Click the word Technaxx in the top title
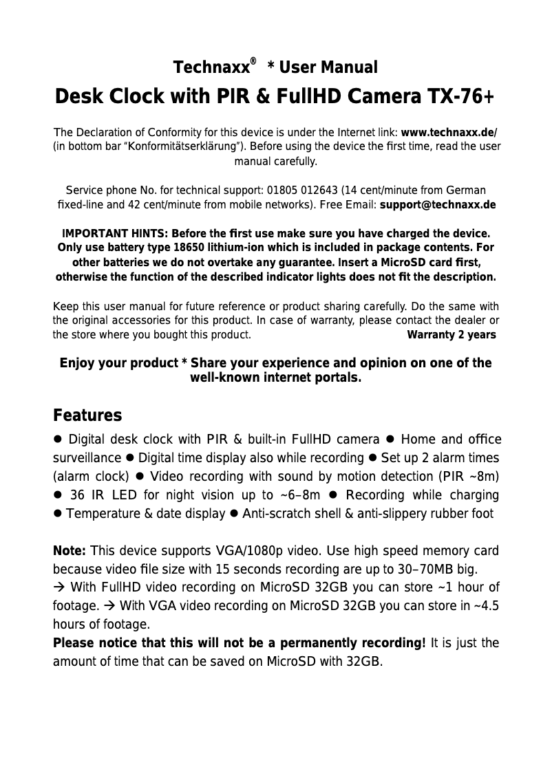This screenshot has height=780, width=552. tap(210, 68)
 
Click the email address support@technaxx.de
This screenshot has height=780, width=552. tap(437, 205)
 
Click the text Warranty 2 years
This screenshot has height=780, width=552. tap(452, 335)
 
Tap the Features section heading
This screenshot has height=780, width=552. tap(87, 416)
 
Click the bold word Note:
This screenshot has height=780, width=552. tap(70, 552)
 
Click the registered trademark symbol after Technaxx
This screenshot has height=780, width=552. tap(253, 62)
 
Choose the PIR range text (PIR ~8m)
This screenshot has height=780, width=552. tap(467, 477)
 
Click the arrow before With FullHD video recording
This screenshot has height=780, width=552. tap(59, 588)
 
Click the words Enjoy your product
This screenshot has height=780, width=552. tap(119, 363)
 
